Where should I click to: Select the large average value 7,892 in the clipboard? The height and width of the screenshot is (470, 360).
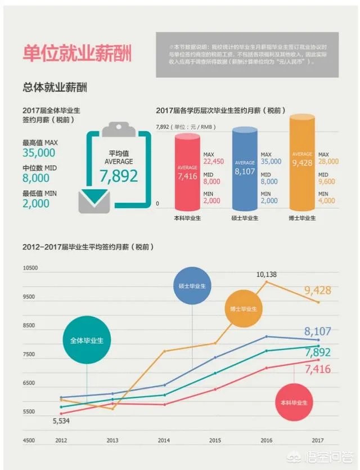coord(119,176)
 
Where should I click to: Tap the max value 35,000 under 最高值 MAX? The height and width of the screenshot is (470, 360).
coord(39,153)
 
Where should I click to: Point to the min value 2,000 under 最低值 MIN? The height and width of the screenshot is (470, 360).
coord(36,204)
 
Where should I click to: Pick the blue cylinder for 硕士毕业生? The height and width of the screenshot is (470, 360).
coord(245,167)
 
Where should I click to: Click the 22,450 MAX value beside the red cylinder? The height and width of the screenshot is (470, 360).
coord(214,162)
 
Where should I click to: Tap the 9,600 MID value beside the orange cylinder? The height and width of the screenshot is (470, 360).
coord(326,182)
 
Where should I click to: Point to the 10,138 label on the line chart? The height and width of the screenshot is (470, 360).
coord(267,274)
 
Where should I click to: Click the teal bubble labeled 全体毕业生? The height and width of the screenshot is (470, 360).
coord(87,340)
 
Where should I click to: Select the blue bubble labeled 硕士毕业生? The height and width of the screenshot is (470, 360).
coord(192,285)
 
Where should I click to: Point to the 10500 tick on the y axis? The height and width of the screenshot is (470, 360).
coord(30,268)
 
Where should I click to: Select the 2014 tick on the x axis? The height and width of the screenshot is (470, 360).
coord(164,440)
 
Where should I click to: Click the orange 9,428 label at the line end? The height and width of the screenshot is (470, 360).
coord(318,290)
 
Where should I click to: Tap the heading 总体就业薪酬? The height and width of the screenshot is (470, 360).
coord(55,87)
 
